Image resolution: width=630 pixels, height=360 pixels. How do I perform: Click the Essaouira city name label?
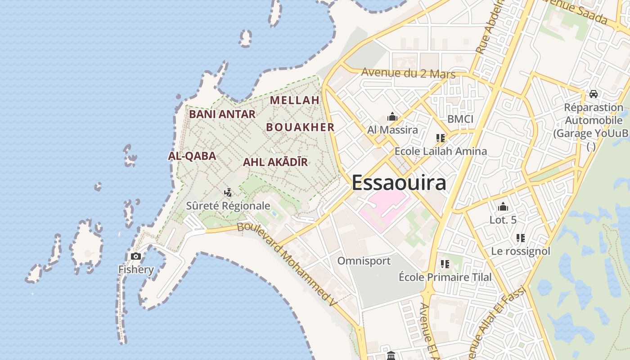[x=399, y=183]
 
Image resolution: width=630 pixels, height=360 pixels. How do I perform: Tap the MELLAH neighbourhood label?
[x=295, y=100]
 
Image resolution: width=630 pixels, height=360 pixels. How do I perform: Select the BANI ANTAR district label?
[x=222, y=114]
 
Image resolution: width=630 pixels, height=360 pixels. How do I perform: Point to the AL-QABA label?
[x=192, y=156]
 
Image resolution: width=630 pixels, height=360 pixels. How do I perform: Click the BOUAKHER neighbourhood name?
[x=300, y=127]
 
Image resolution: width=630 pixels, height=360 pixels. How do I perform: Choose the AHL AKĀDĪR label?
[x=275, y=162]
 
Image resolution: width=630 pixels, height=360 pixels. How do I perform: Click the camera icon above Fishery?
[x=135, y=256]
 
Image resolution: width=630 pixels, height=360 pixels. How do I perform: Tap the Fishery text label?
[x=136, y=270]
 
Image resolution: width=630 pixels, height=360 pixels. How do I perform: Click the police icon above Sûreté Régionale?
[x=228, y=193]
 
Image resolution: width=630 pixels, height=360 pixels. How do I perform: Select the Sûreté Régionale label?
[x=228, y=206]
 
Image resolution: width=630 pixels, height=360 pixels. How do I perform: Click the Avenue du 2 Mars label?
[x=408, y=73]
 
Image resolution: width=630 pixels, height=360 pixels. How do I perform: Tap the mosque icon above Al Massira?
[x=392, y=117]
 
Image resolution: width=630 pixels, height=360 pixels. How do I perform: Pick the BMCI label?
[x=460, y=119]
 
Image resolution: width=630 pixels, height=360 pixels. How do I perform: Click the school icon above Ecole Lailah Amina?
[x=440, y=138]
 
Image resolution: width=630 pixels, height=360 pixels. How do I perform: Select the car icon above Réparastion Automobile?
[x=594, y=94]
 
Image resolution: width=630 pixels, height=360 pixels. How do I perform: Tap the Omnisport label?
[x=364, y=261]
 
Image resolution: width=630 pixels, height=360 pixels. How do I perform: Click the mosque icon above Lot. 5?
[x=503, y=207]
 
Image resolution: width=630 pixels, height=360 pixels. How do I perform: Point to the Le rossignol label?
[x=521, y=251]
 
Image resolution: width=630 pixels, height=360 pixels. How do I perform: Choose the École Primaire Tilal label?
[x=445, y=277]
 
